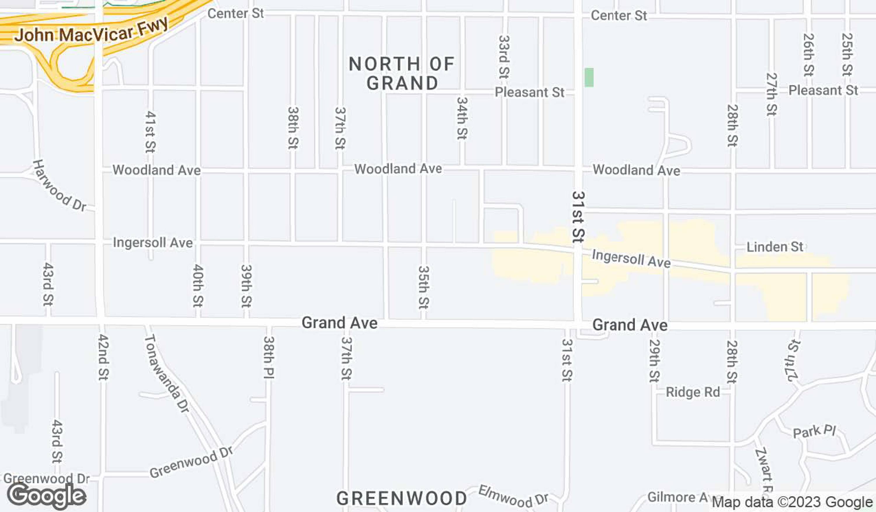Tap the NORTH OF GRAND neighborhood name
coord(402,74)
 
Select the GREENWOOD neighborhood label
coord(401,499)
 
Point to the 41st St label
coord(150,132)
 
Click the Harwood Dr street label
coord(59,186)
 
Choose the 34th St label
coord(462,118)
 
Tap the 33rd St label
coord(504,57)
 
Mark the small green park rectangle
coord(589,77)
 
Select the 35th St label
coord(423,287)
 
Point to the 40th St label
coord(198,286)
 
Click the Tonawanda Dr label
coord(166,373)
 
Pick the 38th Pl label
coord(269,357)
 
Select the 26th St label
coord(808,55)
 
